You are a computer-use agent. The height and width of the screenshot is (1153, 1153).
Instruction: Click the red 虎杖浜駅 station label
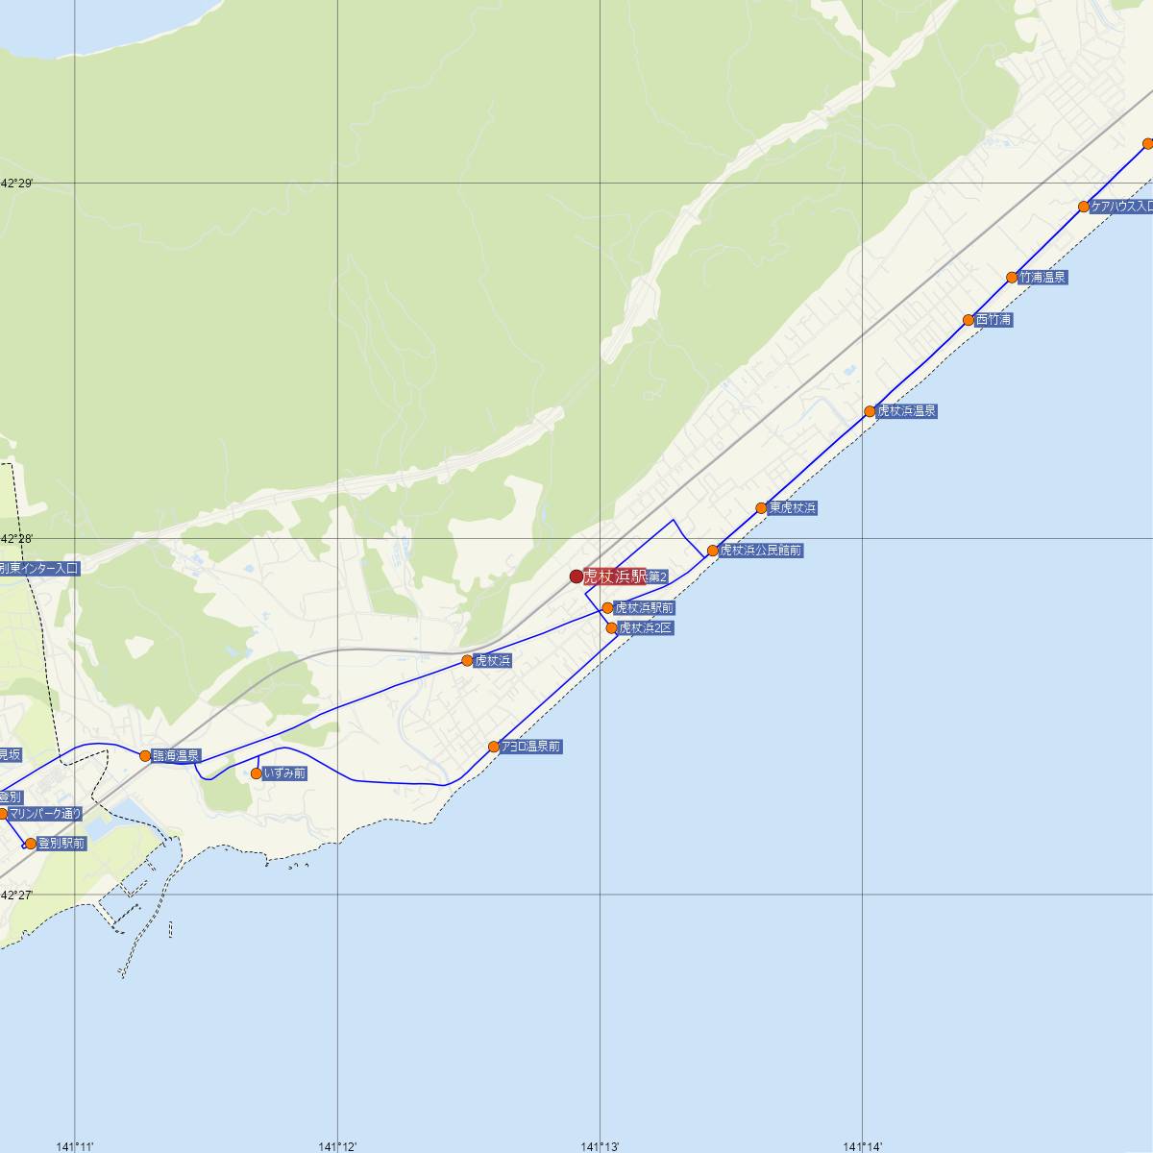(615, 576)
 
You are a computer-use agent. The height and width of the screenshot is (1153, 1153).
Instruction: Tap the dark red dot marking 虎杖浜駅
(576, 576)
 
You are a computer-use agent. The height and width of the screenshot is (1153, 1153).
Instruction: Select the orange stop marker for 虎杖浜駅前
(607, 608)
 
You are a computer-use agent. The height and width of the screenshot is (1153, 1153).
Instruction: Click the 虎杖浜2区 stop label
(646, 627)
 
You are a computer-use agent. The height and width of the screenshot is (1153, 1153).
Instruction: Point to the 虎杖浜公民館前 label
(761, 551)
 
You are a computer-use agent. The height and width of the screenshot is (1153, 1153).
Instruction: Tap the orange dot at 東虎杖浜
(761, 508)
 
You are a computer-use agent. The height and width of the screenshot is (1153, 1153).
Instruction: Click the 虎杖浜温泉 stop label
(906, 411)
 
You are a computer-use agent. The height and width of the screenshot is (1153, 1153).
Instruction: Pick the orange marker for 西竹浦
(969, 320)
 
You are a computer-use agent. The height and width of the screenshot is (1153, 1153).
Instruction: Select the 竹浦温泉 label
(1043, 278)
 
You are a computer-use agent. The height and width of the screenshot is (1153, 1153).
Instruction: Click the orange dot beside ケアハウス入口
(1084, 207)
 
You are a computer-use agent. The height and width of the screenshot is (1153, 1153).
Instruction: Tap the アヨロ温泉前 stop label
(531, 747)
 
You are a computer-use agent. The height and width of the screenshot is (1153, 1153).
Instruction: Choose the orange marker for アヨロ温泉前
(494, 747)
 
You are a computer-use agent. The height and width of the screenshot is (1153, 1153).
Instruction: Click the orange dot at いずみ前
(257, 773)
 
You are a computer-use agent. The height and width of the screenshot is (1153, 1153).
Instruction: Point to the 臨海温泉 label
(176, 756)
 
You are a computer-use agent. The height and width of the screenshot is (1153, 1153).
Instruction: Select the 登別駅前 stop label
(61, 844)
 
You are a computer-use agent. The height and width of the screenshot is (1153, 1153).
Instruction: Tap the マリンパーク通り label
(46, 814)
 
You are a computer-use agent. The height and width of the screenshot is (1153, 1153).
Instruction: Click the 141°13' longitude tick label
(600, 1145)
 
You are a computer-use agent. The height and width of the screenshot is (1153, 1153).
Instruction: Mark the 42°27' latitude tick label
(16, 895)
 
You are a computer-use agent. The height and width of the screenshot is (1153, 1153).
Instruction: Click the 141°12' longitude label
(337, 1145)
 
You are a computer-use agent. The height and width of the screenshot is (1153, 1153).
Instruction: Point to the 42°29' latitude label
(16, 183)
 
